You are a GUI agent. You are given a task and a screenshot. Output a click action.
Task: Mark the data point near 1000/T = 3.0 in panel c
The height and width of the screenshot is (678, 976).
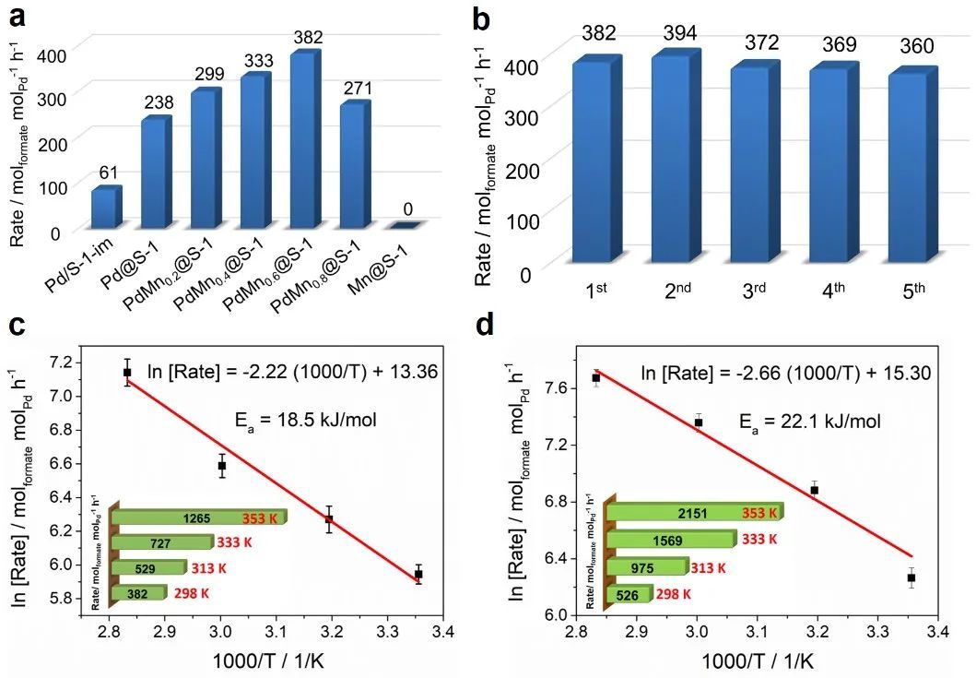(222, 466)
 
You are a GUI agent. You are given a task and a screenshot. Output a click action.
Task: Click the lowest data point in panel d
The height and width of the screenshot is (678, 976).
(911, 577)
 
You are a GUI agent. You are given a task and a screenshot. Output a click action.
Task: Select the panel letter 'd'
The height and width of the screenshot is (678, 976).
(512, 326)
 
